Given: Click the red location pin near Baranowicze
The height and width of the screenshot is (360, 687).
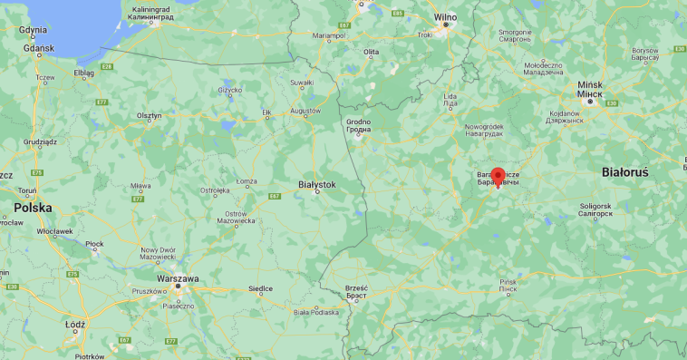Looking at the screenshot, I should tap(498, 176).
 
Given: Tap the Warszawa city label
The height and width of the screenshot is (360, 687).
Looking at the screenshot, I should tap(178, 278).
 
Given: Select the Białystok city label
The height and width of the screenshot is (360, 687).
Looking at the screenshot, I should tap(316, 184).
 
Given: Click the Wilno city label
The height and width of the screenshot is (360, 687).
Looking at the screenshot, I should tap(445, 16).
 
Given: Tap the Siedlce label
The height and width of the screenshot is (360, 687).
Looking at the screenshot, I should tap(260, 288).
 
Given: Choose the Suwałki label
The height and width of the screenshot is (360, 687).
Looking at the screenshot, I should tap(301, 83).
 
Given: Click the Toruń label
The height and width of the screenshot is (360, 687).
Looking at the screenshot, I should tap(24, 191).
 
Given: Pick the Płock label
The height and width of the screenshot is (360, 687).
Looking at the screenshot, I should tap(94, 244).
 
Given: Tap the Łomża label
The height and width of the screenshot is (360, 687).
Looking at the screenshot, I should tap(247, 181).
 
